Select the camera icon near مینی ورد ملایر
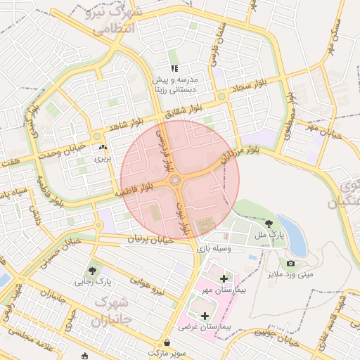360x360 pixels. pyautogui.click(x=291, y=263)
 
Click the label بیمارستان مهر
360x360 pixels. pyautogui.click(x=224, y=292)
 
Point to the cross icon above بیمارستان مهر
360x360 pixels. pyautogui.click(x=224, y=279)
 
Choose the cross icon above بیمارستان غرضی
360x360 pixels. pyautogui.click(x=205, y=316)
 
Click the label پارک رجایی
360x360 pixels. pyautogui.click(x=94, y=282)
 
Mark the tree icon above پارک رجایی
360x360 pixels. pyautogui.click(x=94, y=270)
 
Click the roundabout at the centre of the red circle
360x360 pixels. pyautogui.click(x=174, y=181)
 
